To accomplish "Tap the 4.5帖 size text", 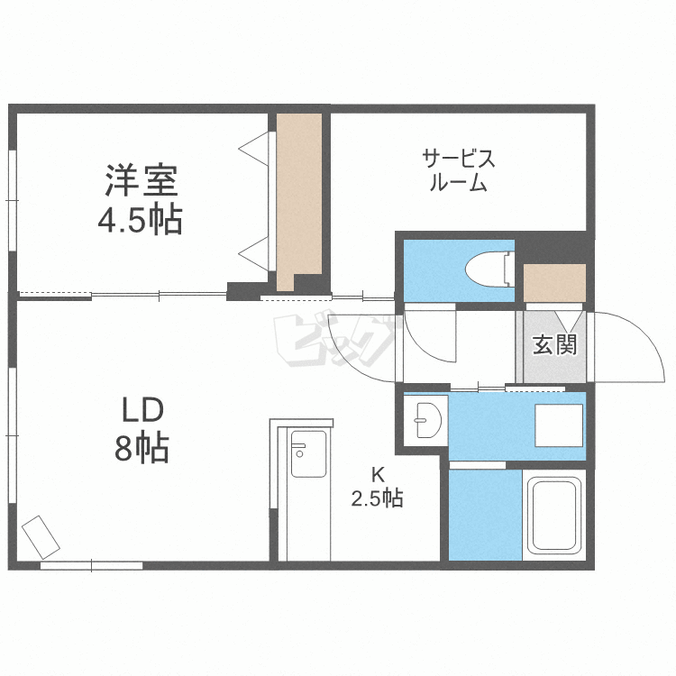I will (x=140, y=219).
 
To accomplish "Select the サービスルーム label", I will (x=459, y=171).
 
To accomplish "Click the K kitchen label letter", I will (x=379, y=472).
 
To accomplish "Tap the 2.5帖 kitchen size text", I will (x=378, y=498).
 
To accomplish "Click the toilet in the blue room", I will (x=487, y=267).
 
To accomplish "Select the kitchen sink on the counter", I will (x=307, y=456).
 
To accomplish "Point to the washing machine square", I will (x=559, y=424).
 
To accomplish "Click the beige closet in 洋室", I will (x=298, y=198).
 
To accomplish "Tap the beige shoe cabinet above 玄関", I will (x=554, y=284).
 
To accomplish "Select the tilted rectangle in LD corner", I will (x=41, y=537).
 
